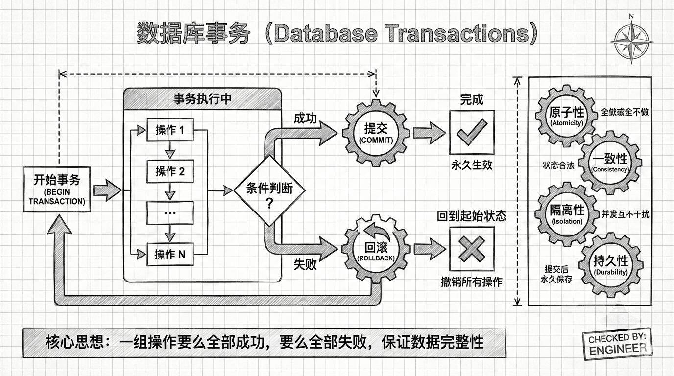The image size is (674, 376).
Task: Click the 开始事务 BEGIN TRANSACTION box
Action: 57,189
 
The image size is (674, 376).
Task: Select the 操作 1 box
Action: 170,130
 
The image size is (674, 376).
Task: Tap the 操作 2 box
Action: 170,171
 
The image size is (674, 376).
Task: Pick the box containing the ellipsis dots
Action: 170,213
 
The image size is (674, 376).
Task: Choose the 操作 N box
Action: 170,255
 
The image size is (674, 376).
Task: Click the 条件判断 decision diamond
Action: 269,190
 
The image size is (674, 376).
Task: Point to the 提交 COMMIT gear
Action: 376,133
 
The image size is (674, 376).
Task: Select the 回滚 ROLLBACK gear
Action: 376,248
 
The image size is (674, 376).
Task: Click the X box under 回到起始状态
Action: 472,249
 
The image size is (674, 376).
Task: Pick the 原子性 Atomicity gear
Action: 567,117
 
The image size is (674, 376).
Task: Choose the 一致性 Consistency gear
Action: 609,163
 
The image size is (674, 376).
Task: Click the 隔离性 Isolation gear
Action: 567,213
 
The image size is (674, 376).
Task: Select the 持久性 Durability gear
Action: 610,264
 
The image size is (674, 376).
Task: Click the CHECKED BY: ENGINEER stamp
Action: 617,343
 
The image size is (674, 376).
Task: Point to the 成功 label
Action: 305,119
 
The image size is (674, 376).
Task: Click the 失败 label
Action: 305,264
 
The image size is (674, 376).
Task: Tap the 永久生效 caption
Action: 472,165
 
